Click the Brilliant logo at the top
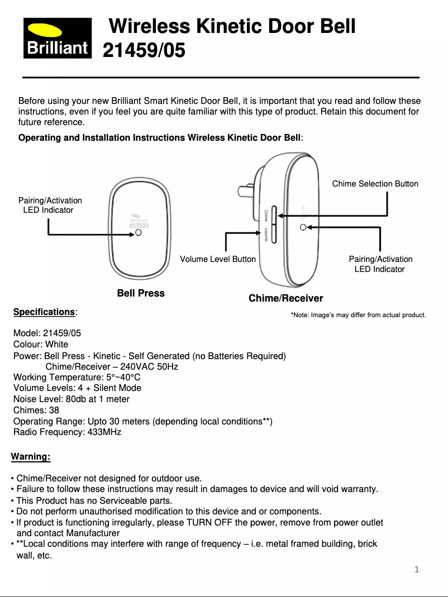57,38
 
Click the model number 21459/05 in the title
144,51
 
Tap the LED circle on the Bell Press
138,233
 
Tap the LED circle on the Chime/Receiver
302,227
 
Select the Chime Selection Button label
375,184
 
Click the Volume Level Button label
218,259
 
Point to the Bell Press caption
141,293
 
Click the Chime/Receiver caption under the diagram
285,298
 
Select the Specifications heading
44,312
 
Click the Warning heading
31,457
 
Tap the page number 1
416,570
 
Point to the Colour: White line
41,344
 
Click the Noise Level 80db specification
71,399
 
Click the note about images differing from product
358,316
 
